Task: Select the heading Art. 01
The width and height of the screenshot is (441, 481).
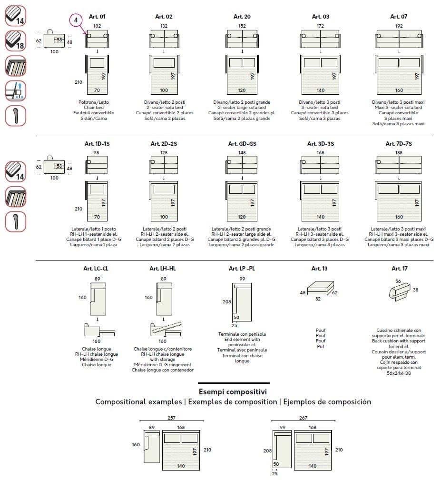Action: pyautogui.click(x=97, y=17)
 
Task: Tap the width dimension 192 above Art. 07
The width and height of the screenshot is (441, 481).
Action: pyautogui.click(x=399, y=26)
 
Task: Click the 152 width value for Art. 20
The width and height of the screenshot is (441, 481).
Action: pyautogui.click(x=242, y=26)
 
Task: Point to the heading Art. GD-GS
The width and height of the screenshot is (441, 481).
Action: pyautogui.click(x=242, y=143)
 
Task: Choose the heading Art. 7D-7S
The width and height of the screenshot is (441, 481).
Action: pyautogui.click(x=399, y=143)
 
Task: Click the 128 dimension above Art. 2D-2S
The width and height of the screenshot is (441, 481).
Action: pyautogui.click(x=164, y=152)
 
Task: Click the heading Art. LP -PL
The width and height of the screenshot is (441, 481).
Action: pyautogui.click(x=242, y=269)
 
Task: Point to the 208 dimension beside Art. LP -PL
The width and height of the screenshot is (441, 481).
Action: pyautogui.click(x=227, y=301)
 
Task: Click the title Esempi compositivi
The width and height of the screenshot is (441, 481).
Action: pyautogui.click(x=233, y=391)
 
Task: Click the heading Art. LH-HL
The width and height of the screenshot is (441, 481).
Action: pyautogui.click(x=163, y=269)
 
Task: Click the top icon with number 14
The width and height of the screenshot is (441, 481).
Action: pyautogui.click(x=15, y=15)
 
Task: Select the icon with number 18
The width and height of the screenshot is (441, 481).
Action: pyautogui.click(x=15, y=40)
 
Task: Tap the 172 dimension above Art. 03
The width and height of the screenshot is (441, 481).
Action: pyautogui.click(x=320, y=26)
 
